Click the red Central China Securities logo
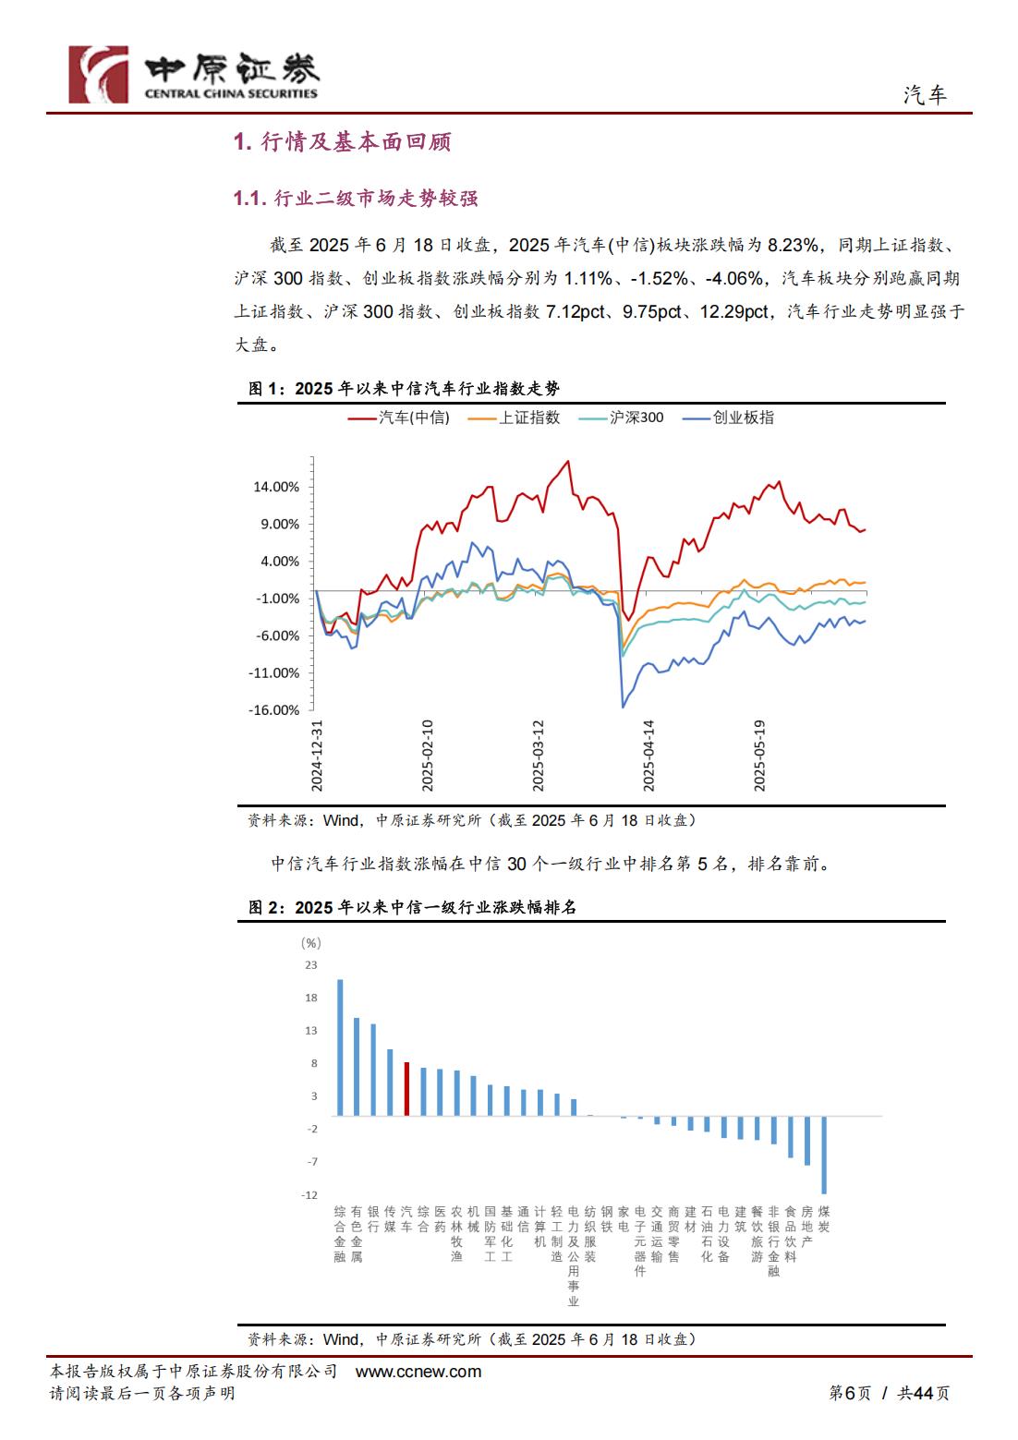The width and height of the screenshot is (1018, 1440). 99,74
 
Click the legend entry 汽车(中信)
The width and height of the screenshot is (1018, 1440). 399,417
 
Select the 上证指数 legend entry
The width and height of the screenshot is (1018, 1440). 514,417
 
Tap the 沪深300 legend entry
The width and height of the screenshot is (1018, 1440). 621,417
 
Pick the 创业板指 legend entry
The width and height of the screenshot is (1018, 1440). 728,417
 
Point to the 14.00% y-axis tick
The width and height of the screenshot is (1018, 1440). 276,487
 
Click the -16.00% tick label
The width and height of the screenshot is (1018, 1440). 274,709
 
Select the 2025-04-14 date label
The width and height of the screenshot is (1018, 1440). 648,756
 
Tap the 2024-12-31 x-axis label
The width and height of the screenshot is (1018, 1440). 317,756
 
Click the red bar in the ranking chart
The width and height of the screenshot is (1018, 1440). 406,1088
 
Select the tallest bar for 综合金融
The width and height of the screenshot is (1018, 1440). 340,1047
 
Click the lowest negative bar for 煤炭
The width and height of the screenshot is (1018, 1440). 824,1155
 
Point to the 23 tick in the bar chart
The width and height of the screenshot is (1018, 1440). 311,964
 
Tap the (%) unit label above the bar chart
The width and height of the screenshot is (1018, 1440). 310,943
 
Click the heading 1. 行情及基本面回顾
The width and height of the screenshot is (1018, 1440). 343,141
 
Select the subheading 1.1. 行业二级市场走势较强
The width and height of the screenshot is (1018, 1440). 356,198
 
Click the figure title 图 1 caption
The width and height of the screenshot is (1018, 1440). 404,388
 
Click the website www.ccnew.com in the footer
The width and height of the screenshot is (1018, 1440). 418,1372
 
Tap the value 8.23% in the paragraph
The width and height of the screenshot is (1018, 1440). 793,245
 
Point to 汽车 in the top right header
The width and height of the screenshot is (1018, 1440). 925,95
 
